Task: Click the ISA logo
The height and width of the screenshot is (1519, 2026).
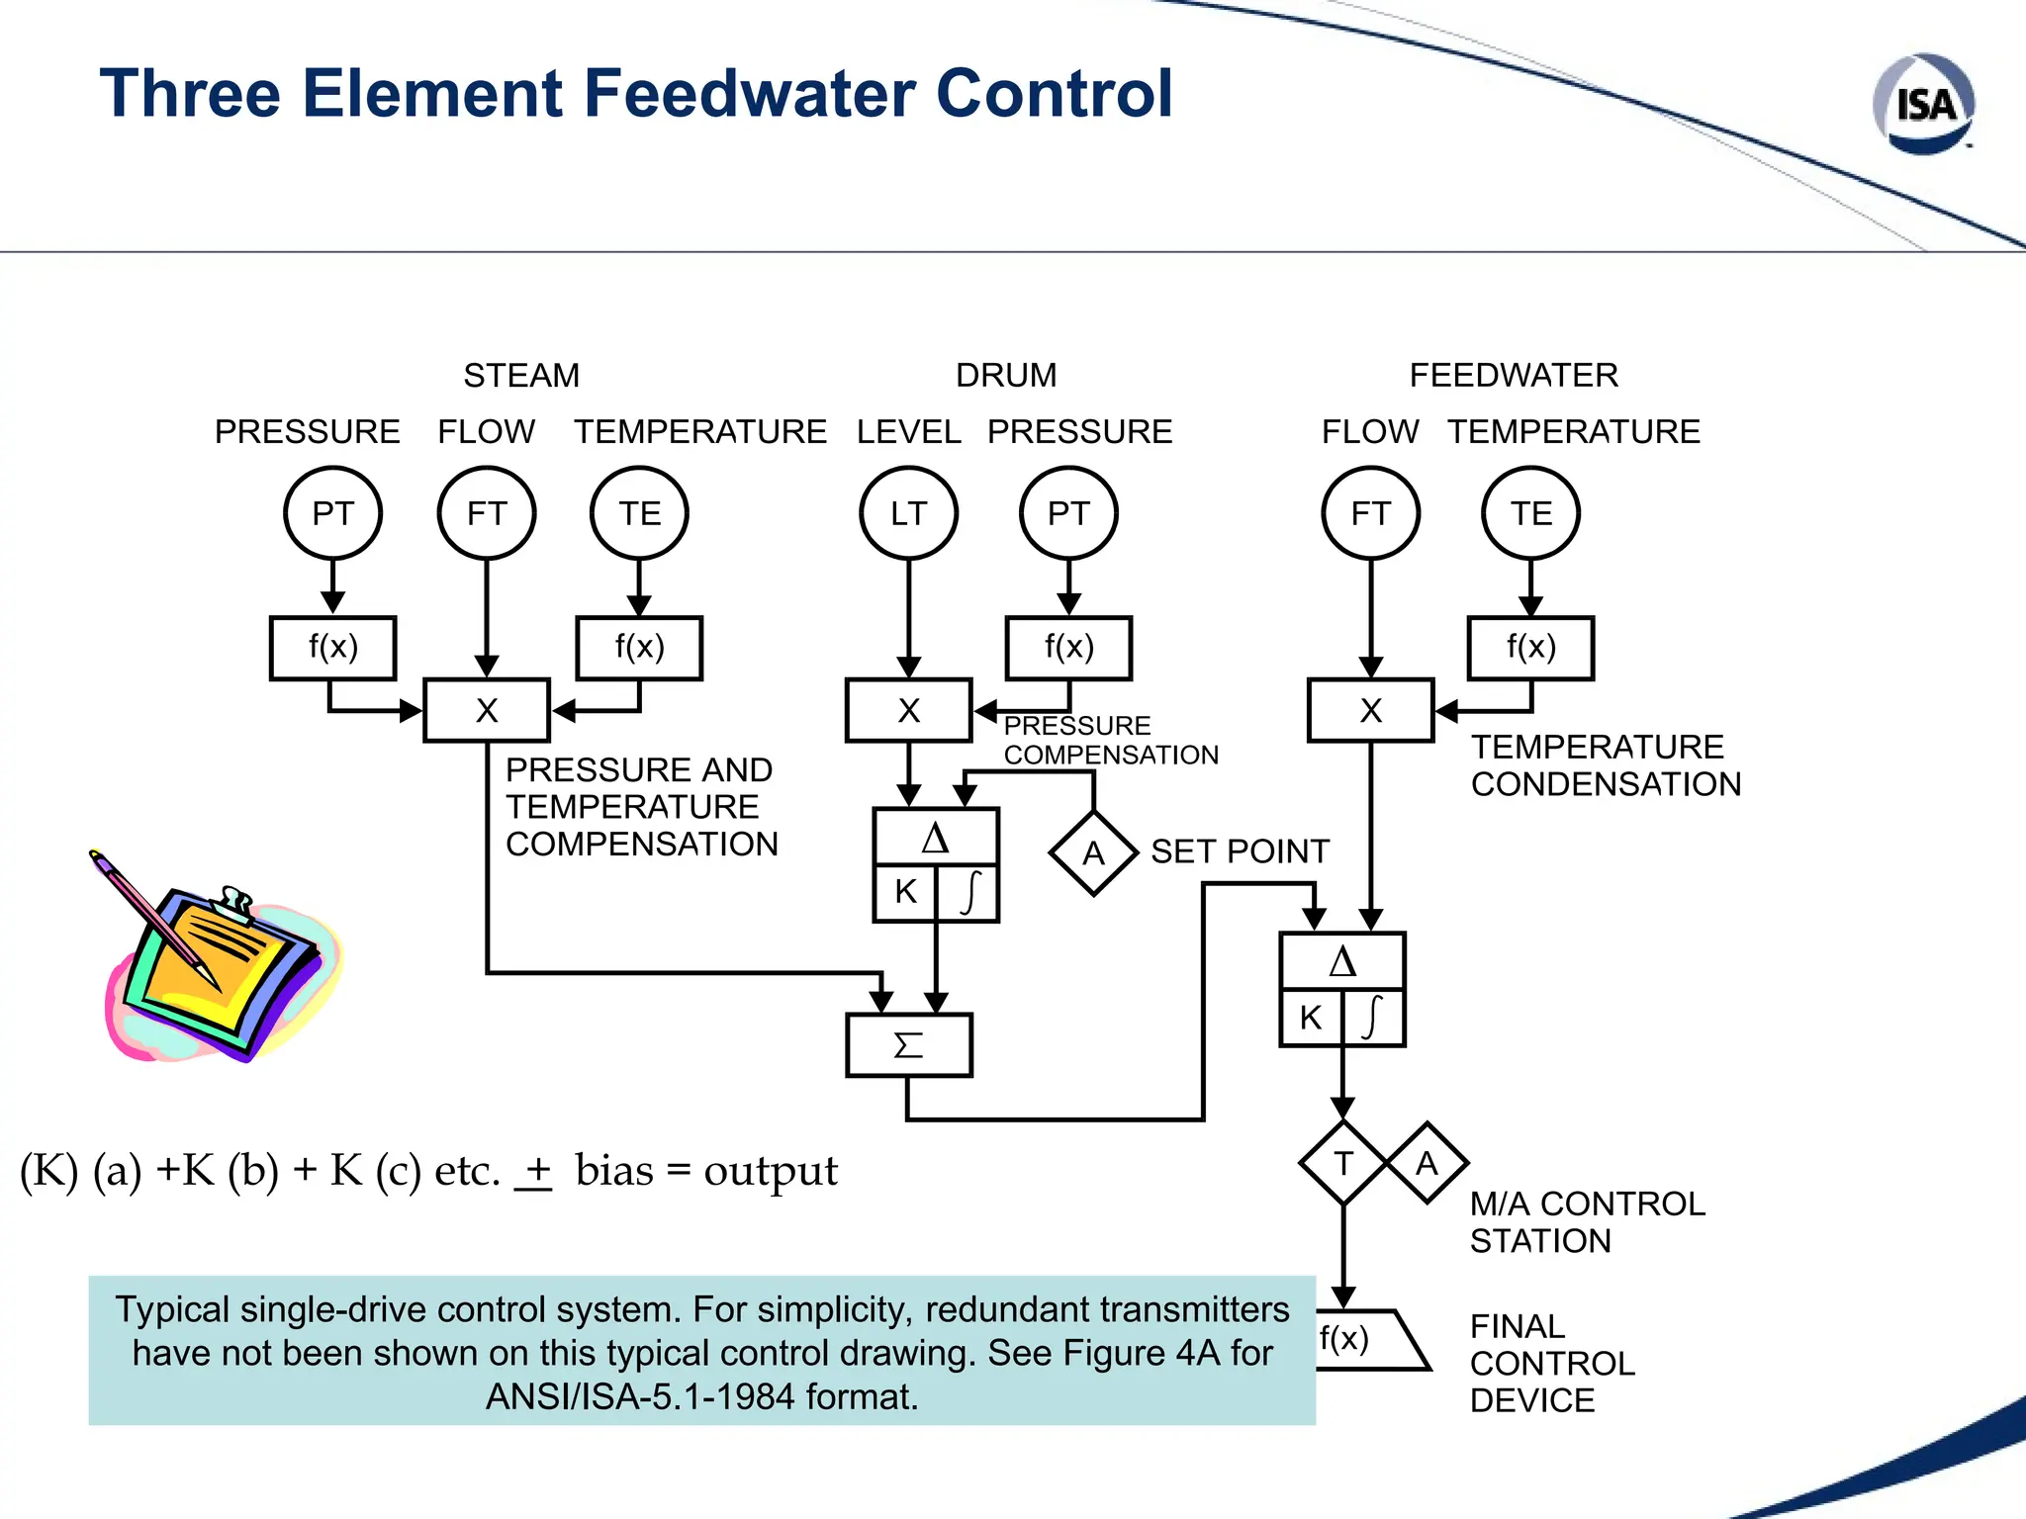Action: (1924, 105)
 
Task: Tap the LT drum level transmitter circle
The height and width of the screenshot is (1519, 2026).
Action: (908, 513)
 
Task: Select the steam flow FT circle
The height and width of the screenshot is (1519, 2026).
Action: (486, 513)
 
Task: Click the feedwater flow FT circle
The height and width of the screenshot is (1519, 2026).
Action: (1370, 513)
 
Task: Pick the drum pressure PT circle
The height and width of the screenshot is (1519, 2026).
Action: (1068, 513)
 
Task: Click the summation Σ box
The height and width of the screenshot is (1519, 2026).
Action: (909, 1044)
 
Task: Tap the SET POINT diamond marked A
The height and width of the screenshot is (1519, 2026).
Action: (1093, 852)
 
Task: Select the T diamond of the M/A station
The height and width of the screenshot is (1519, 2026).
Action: (1342, 1163)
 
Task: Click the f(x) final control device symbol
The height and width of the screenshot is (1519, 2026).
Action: (1370, 1340)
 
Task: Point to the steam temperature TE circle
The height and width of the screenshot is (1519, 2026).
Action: (639, 513)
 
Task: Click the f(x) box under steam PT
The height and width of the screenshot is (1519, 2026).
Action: (332, 648)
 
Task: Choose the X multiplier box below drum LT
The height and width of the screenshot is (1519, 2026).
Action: (908, 710)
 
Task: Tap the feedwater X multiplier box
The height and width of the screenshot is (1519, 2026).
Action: (1370, 710)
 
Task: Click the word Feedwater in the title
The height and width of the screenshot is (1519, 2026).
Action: (753, 94)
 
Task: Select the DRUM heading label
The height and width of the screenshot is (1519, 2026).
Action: (1005, 376)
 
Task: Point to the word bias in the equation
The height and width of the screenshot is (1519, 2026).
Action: (613, 1171)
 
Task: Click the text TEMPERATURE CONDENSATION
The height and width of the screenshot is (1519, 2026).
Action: (1605, 764)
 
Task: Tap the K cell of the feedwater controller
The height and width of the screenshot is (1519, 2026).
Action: (1311, 1017)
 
